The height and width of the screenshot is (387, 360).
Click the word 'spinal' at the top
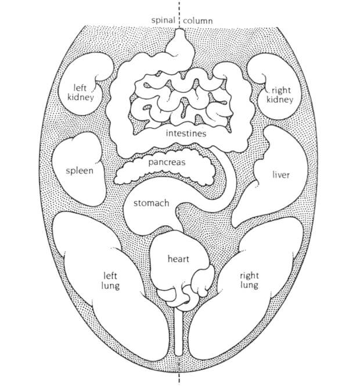point(163,20)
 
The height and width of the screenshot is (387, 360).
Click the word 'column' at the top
point(197,20)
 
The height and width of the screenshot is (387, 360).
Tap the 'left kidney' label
point(81,92)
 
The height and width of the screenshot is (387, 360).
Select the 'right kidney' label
point(280,95)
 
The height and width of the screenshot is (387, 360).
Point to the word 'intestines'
point(186,134)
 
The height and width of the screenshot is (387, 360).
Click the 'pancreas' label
point(167,162)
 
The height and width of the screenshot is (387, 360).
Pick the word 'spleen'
point(80,171)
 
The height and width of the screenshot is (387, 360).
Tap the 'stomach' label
point(152,203)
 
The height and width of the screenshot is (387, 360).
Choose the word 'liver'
point(281,175)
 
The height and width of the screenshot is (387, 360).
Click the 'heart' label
point(178,259)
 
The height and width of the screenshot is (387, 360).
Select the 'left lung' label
point(110,281)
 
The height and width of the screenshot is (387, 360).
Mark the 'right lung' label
point(249,281)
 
